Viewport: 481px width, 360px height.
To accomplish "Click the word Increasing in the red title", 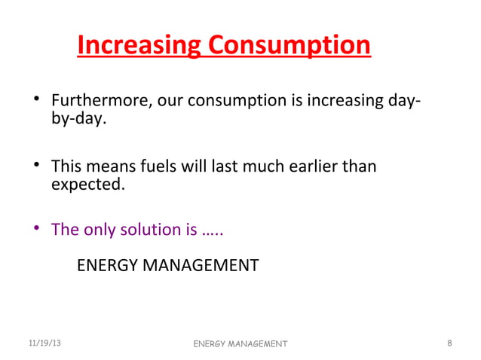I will (x=139, y=46).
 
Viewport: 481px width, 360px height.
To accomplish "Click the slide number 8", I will (x=449, y=343).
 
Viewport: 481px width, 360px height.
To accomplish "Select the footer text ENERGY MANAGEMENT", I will (x=240, y=344).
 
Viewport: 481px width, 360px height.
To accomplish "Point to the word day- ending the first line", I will (x=403, y=100).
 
